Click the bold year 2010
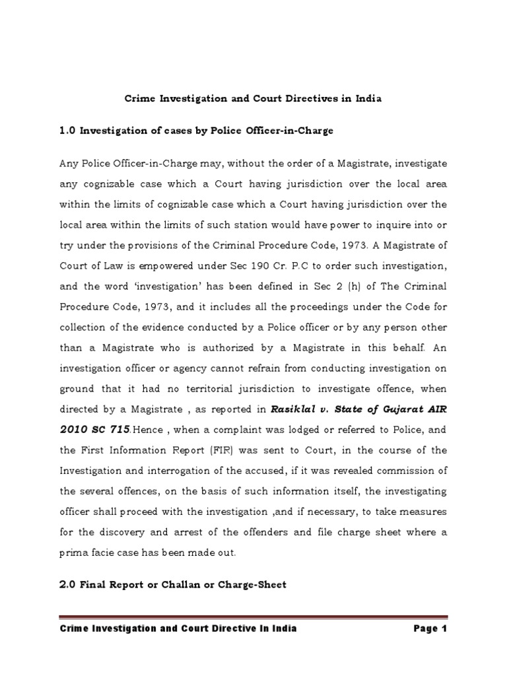(x=74, y=429)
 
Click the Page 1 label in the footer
(x=430, y=628)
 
